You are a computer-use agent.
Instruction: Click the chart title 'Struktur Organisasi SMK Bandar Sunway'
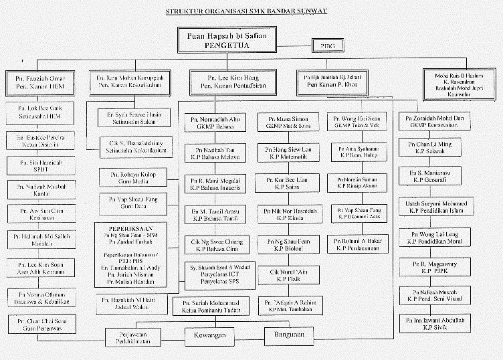pyautogui.click(x=251, y=12)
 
